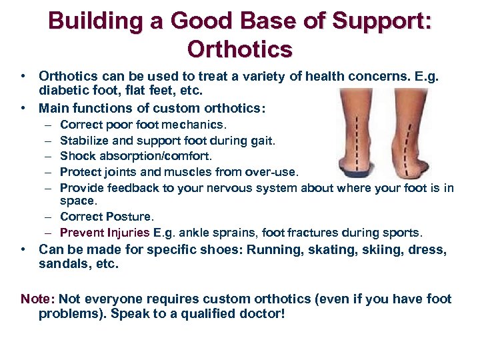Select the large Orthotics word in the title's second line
240,49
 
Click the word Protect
79,171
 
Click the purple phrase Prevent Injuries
105,233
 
